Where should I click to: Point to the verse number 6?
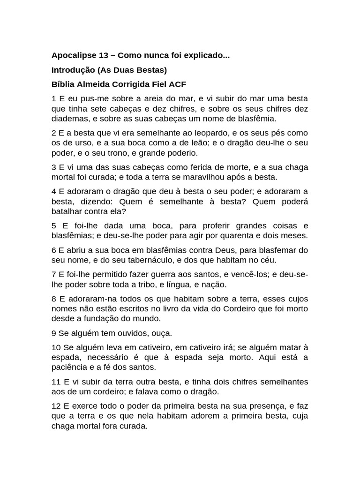point(54,250)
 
